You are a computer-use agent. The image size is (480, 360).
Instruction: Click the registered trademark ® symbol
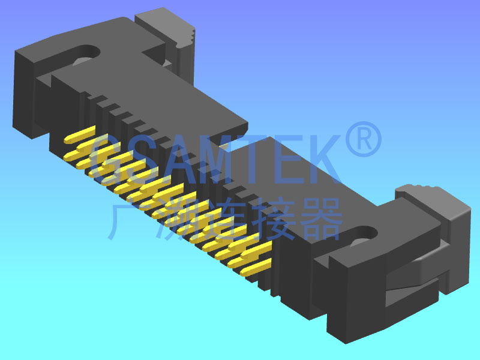[x=364, y=139]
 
